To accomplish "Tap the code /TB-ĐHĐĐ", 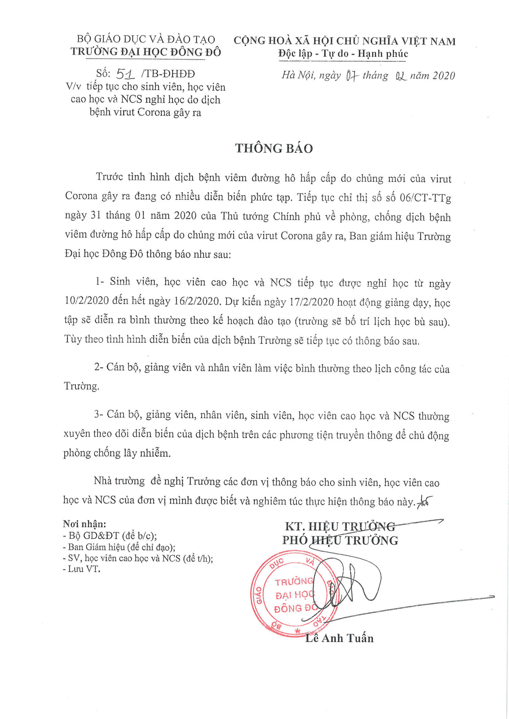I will coord(168,74).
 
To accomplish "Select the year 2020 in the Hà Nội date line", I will coord(443,75).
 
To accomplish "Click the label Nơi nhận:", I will coord(85,524).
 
